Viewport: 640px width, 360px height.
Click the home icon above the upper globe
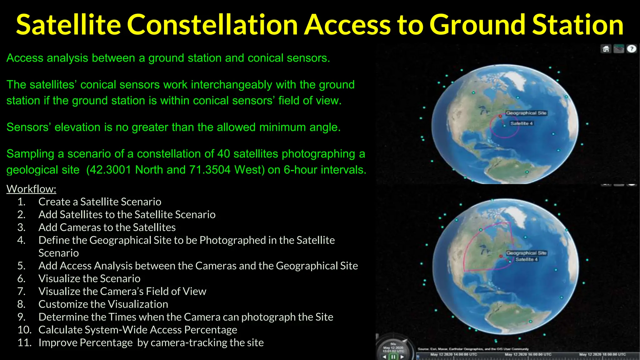(606, 49)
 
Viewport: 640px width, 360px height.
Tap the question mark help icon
(632, 49)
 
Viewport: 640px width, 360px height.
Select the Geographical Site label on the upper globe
(526, 113)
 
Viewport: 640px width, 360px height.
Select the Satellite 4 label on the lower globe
(527, 259)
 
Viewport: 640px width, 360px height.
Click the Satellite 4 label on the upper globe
(522, 123)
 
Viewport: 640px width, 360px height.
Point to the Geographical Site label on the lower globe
(526, 253)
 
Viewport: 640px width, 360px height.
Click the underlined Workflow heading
(31, 189)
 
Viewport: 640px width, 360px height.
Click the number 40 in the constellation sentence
(223, 154)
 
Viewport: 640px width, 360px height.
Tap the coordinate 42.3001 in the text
(108, 170)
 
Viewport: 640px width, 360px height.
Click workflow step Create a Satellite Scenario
(100, 202)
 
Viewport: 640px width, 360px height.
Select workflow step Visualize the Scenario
(89, 278)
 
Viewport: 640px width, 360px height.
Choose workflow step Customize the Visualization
(103, 304)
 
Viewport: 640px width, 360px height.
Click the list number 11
(24, 342)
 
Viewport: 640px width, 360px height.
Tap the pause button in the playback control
(393, 357)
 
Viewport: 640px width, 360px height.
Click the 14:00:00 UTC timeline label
(454, 354)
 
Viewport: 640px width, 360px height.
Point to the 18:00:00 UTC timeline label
(602, 354)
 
